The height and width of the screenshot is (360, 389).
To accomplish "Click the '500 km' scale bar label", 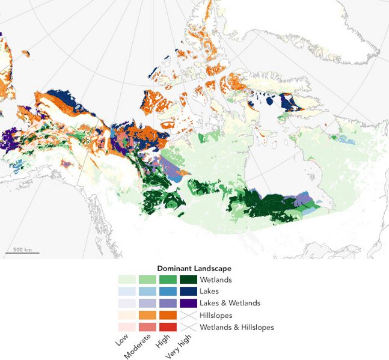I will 22,249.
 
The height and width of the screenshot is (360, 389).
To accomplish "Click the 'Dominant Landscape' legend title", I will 194,268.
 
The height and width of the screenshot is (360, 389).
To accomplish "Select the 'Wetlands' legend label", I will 215,279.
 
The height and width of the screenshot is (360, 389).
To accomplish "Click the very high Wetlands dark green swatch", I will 188,279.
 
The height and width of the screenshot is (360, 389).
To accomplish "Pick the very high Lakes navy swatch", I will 188,291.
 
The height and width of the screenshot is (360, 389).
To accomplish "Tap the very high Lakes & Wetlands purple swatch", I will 188,304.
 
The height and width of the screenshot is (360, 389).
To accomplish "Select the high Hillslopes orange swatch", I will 168,316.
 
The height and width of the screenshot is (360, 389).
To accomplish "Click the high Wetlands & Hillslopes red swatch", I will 168,328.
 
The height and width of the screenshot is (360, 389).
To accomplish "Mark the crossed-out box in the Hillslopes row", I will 188,316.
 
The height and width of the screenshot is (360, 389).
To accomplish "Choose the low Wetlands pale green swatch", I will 127,279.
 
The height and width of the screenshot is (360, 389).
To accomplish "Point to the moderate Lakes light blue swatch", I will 147,291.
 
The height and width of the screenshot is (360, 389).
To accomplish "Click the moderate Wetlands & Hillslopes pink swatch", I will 147,328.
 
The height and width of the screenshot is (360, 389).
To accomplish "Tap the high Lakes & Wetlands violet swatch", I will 168,304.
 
